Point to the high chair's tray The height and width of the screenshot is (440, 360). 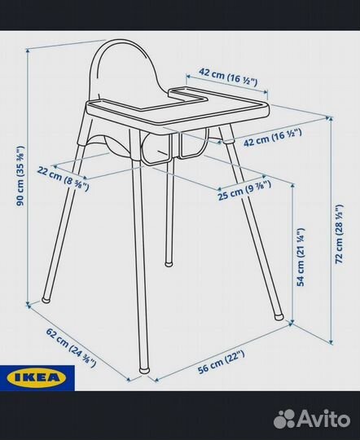[179, 114]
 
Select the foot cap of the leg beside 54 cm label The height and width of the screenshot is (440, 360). [281, 311]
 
